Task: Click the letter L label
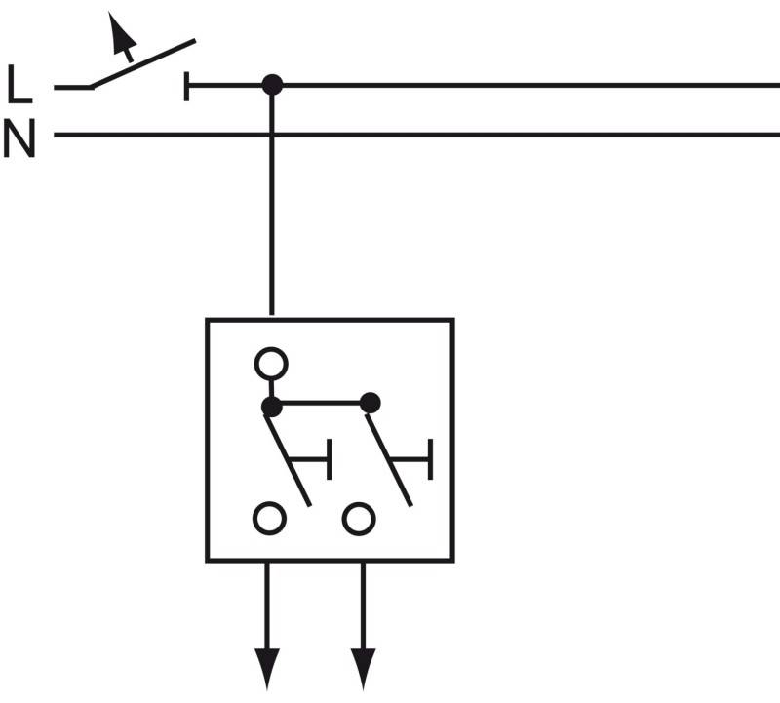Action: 19,85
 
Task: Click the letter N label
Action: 19,139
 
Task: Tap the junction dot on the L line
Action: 272,85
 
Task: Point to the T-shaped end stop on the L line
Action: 187,86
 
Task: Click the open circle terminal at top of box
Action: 271,364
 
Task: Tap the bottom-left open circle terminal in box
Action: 269,518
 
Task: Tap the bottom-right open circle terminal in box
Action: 359,518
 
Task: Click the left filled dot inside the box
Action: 272,402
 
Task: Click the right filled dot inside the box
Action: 370,402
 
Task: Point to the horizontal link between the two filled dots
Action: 321,402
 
